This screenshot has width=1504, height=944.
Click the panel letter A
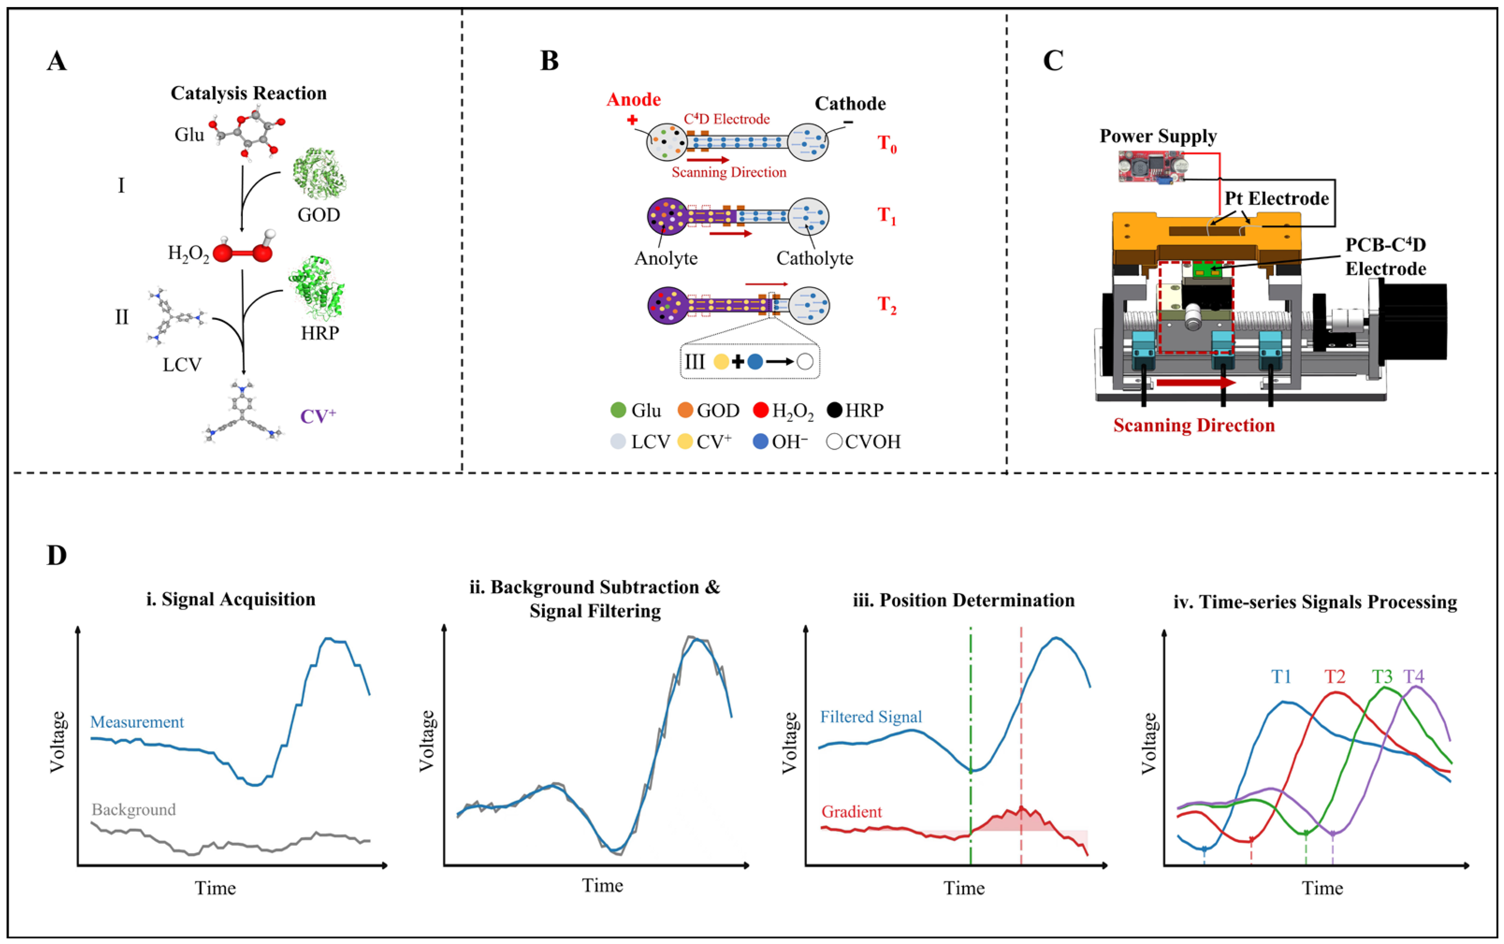[56, 61]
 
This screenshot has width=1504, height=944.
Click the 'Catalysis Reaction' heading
[248, 93]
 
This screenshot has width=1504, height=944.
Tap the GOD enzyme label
[319, 215]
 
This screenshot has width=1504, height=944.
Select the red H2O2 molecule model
[243, 251]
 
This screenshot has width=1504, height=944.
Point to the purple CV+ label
[318, 416]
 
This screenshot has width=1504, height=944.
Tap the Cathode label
[850, 104]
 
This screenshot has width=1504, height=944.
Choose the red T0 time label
[886, 144]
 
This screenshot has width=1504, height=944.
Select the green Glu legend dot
[618, 410]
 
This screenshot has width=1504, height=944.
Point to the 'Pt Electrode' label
[1276, 198]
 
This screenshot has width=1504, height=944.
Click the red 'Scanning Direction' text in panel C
[1194, 425]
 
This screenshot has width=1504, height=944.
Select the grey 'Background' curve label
[134, 809]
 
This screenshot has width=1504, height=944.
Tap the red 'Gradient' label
[851, 812]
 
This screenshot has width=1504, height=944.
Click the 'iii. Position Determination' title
[963, 600]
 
